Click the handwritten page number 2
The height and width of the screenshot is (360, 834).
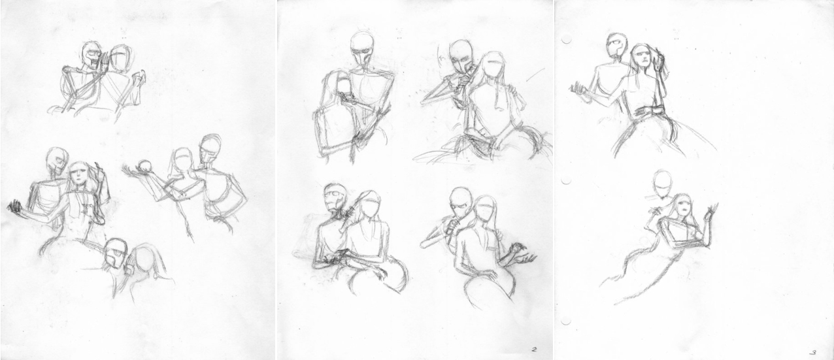coord(535,350)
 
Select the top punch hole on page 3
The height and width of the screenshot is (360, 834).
coord(566,39)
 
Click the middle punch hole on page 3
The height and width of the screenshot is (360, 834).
coord(566,180)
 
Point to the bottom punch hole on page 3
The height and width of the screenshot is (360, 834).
coord(566,320)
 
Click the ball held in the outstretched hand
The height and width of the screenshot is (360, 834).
coord(144,165)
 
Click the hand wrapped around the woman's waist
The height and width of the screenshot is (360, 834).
coord(648,111)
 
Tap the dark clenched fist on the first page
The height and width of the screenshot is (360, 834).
coord(14,207)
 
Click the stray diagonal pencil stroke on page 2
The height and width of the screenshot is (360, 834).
coord(535,75)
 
